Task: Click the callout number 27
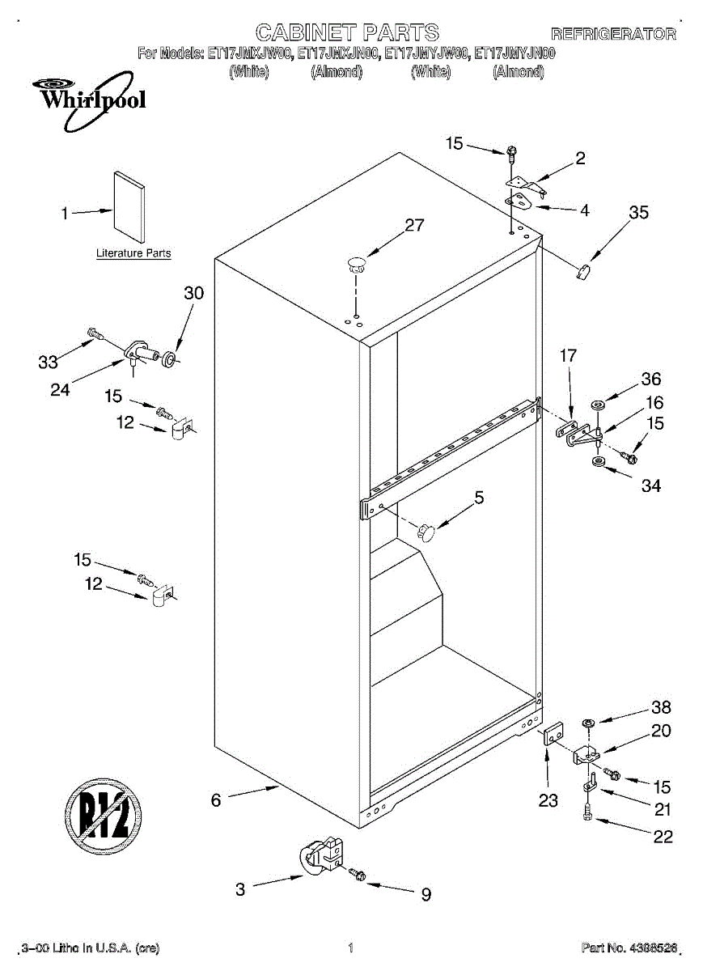414,226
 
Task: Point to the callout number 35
639,213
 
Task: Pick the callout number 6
216,800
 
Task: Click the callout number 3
240,889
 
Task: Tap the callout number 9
426,894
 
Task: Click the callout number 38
661,706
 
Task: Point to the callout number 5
480,498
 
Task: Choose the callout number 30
194,293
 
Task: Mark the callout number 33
48,363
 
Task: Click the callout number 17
568,354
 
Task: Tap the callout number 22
663,837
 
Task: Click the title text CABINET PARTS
348,32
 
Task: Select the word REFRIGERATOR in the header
613,34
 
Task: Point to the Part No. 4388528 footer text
628,948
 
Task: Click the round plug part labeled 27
356,261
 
